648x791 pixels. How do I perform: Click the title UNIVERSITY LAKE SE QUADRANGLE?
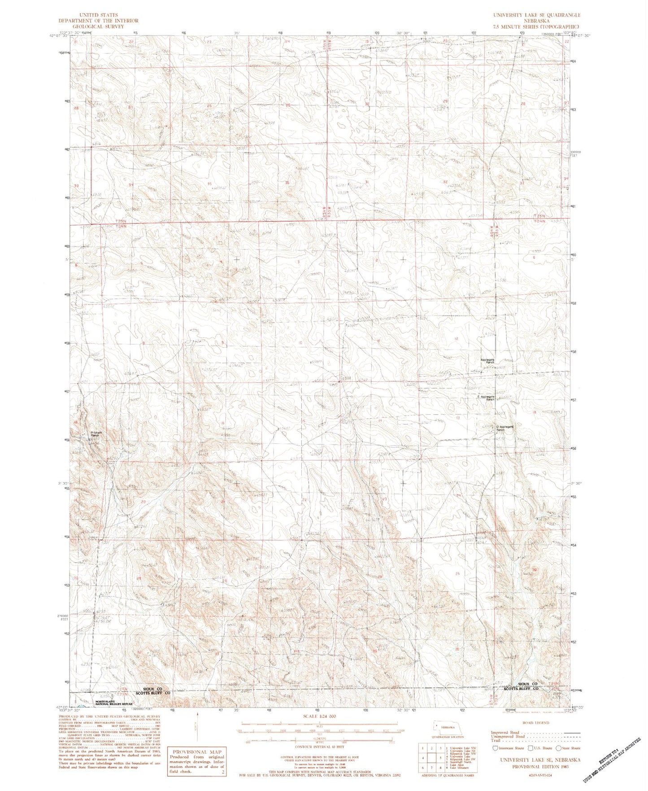(x=536, y=15)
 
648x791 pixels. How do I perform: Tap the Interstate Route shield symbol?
(x=495, y=748)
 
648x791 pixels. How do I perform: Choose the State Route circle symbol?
(x=558, y=748)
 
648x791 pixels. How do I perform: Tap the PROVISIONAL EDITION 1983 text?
(x=537, y=767)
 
